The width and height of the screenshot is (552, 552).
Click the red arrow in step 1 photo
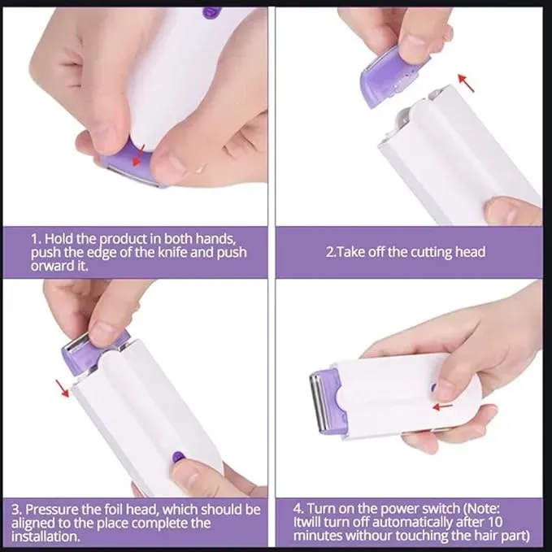coord(138,155)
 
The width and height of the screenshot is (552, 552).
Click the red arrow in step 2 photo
coord(466,83)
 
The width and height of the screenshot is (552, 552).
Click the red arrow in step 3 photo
coord(63,389)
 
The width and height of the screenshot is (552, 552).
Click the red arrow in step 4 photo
coord(443,406)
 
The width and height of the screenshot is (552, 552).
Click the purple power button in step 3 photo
coord(179,458)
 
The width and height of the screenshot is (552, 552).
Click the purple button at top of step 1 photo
coord(212,13)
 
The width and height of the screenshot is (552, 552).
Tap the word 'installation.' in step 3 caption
coord(46,537)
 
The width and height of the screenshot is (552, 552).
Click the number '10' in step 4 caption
coord(495,522)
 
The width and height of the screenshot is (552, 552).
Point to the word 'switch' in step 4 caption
coord(441,509)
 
